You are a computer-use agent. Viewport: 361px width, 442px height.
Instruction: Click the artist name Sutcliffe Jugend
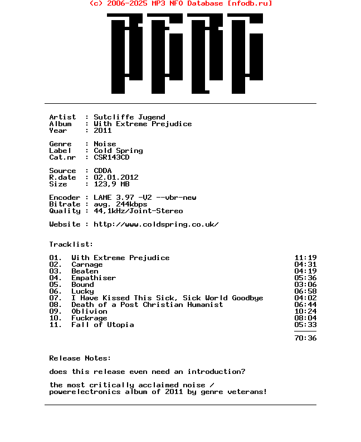click(129, 117)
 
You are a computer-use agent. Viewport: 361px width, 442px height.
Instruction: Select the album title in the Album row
click(143, 124)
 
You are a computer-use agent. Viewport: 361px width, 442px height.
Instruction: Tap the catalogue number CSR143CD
click(111, 157)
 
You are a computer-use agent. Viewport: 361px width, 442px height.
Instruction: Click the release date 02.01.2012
click(116, 177)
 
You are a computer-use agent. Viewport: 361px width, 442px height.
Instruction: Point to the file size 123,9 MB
click(111, 184)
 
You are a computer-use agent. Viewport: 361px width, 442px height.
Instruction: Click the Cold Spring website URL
click(156, 224)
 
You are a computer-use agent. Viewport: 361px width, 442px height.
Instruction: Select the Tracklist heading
click(71, 244)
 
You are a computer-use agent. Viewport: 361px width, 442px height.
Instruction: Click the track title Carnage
click(87, 265)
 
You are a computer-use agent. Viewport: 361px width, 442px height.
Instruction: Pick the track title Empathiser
click(94, 278)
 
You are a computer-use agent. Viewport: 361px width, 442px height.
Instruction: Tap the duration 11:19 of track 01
click(305, 258)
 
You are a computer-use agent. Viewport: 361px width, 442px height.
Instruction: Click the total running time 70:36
click(305, 338)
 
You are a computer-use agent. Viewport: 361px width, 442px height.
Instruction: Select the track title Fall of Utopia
click(103, 325)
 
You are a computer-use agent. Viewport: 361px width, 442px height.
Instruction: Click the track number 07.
click(55, 298)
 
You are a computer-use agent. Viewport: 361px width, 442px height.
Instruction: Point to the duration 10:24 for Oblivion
click(305, 311)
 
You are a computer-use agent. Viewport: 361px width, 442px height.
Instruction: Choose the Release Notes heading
click(80, 358)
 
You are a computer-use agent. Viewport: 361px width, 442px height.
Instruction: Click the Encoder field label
click(65, 198)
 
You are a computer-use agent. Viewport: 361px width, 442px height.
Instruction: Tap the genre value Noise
click(105, 144)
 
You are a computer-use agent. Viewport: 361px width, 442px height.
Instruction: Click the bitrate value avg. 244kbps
click(120, 204)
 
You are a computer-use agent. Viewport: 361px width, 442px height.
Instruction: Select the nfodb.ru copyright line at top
click(180, 3)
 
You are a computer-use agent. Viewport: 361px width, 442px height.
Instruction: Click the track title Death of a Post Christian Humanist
click(147, 305)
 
